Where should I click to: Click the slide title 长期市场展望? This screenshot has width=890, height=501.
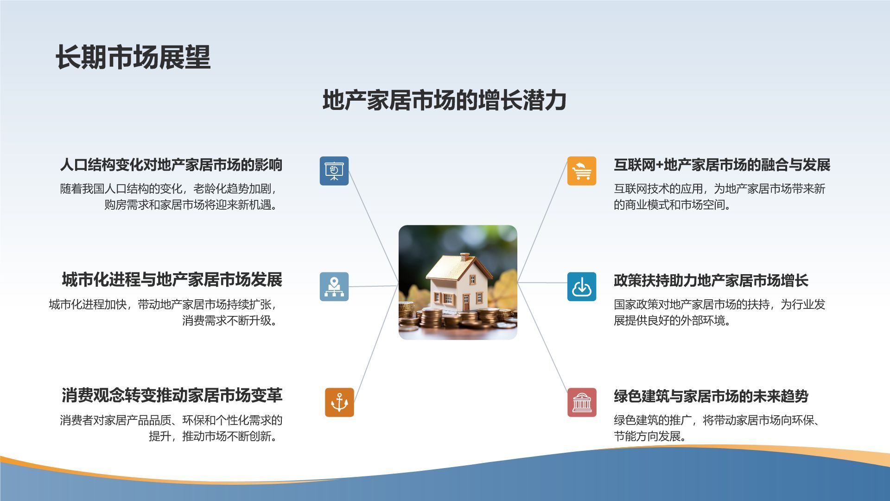pos(133,58)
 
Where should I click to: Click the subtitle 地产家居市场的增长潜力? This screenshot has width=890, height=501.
pos(445,100)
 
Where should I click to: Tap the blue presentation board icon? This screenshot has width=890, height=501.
pos(334,171)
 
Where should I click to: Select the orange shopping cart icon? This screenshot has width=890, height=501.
pos(582,171)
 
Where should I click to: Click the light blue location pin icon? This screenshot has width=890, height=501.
pos(334,287)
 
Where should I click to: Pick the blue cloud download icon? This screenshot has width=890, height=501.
pos(582,287)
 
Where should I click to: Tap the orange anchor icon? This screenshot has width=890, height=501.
pos(339,402)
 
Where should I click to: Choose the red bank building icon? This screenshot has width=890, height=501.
pos(582,402)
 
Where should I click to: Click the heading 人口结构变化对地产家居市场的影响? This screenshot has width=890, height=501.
pos(171,165)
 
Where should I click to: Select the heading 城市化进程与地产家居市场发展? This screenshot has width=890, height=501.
pos(172,280)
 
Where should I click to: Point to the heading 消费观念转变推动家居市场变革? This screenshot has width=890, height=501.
pos(172,395)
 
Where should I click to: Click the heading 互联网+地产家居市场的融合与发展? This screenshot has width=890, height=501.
pos(722,165)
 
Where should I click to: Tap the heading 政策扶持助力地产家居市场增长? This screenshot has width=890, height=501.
pos(711,280)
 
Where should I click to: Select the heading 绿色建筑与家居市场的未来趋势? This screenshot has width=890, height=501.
pos(711,396)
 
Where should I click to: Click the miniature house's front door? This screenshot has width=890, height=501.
pos(466,302)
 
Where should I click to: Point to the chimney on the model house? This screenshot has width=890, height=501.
pos(464,257)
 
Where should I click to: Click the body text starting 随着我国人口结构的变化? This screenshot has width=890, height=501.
pos(170,197)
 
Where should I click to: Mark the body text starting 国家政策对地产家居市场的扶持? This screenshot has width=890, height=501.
pos(719,312)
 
